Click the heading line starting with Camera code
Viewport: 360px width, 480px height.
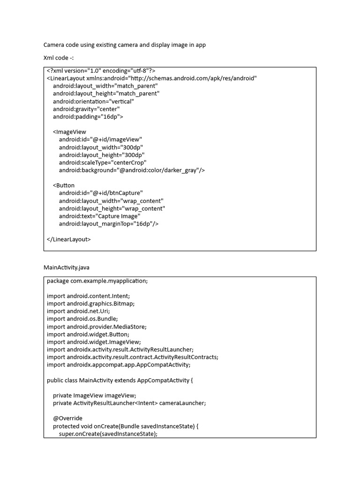pyautogui.click(x=124, y=45)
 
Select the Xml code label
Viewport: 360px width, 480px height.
pyautogui.click(x=59, y=58)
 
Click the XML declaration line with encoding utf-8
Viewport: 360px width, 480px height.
pyautogui.click(x=101, y=71)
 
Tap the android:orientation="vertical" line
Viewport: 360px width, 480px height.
pyautogui.click(x=93, y=101)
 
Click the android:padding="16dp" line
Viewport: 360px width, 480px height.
pyautogui.click(x=88, y=117)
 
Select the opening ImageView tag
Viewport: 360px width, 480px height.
pyautogui.click(x=69, y=132)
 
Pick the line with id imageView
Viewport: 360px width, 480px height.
pyautogui.click(x=100, y=140)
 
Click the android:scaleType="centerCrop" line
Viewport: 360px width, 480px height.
pyautogui.click(x=103, y=163)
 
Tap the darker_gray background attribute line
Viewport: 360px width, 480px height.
pyautogui.click(x=132, y=170)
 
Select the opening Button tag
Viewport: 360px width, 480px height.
pyautogui.click(x=64, y=186)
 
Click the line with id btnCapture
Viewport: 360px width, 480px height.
pyautogui.click(x=101, y=193)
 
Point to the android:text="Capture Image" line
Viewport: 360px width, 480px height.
pyautogui.click(x=99, y=216)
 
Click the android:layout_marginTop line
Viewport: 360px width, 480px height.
pyautogui.click(x=109, y=224)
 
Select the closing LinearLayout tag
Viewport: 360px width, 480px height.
pyautogui.click(x=69, y=239)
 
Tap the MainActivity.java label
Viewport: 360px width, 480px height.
pyautogui.click(x=67, y=268)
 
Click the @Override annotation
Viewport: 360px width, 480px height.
pyautogui.click(x=67, y=418)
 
